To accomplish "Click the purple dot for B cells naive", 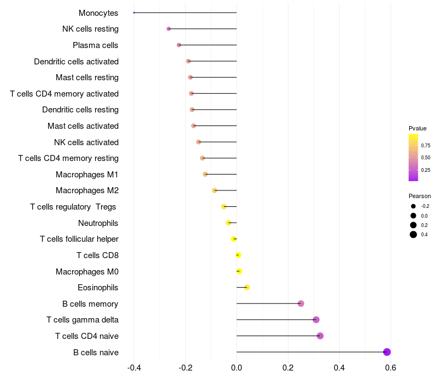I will pos(387,352).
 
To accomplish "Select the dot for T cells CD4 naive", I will pos(320,336).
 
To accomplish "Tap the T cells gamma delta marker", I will pos(316,320).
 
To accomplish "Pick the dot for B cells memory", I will pos(300,303).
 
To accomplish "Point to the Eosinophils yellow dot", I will pos(247,287).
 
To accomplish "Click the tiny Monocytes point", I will pos(134,13).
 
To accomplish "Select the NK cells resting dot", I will pos(169,29).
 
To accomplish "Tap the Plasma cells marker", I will pos(179,45).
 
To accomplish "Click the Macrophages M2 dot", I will pos(215,190).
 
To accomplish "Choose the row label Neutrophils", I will pos(98,223).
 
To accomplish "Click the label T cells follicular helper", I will pos(79,239).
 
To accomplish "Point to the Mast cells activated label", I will pos(83,126).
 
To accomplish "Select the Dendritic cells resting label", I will pos(80,110).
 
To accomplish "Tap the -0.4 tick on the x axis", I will pos(134,368).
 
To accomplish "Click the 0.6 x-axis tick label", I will pos(391,368).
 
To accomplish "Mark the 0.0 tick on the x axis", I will pos(237,368).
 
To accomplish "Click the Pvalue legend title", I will pos(417,128).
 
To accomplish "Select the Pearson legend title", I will pos(420,196).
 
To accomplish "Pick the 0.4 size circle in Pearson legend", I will pos(414,235).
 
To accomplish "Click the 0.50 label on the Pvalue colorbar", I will pos(426,158).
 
